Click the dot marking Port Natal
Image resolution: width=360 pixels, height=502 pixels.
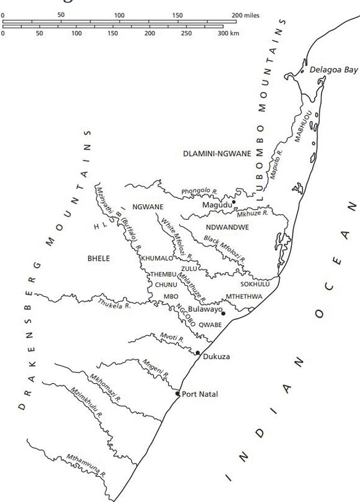(177, 394)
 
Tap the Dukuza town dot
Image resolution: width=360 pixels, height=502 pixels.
(198, 352)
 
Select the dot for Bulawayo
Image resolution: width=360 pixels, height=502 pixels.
(223, 313)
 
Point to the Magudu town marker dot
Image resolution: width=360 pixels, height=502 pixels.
(234, 202)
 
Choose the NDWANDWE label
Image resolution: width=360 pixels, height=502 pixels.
(227, 227)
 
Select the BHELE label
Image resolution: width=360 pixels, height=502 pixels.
(98, 259)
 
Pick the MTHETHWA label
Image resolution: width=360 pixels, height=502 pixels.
(243, 296)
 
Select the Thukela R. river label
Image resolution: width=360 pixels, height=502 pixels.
(113, 305)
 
